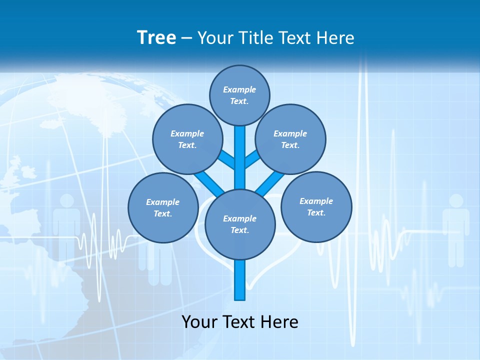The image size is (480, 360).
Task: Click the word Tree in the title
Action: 156,37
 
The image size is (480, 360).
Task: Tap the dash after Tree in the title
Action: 186,38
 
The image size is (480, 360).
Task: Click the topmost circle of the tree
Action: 239,95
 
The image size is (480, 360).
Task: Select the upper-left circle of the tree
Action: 187,139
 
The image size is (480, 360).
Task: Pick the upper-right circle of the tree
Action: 290,139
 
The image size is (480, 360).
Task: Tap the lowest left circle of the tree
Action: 163,207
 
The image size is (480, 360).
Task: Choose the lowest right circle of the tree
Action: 316,206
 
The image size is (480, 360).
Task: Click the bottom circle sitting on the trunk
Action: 240,224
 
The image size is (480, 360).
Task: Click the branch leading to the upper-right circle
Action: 252,160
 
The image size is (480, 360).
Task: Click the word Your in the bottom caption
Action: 199,321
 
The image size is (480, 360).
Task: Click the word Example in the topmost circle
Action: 239,89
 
